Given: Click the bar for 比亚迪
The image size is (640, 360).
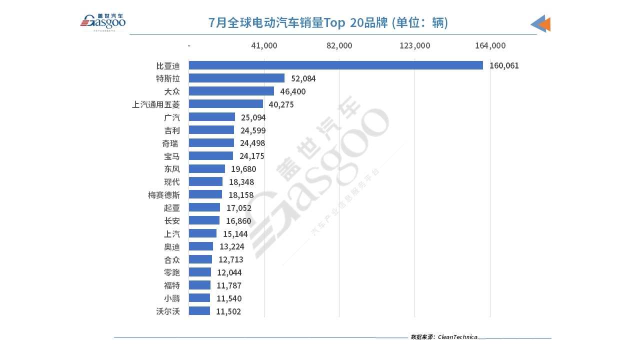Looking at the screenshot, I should click(335, 65).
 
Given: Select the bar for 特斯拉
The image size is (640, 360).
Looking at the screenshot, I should click(236, 78).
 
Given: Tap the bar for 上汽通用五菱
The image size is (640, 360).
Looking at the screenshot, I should click(225, 104).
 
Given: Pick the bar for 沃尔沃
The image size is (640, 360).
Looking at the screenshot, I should click(199, 311).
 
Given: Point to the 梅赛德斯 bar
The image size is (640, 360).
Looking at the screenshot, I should click(205, 194).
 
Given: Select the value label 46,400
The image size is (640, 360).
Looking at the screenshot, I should click(292, 91).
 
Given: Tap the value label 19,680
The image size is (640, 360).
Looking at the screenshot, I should click(243, 169).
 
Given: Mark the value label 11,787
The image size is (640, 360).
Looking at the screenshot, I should click(229, 285).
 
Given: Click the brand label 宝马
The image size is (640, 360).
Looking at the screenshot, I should click(172, 156).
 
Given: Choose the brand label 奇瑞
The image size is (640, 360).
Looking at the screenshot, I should click(172, 143).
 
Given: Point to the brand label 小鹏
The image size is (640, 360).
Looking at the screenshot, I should click(172, 298).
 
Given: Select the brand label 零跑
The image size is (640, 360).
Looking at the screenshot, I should click(172, 272).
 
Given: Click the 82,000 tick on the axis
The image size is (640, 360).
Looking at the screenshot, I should click(339, 45).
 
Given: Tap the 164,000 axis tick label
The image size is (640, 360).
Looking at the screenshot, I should click(490, 45).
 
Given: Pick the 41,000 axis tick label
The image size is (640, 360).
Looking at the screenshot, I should click(264, 45).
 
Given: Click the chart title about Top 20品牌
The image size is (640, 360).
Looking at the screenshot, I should click(328, 23).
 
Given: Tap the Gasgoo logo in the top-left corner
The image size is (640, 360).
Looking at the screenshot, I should click(103, 22).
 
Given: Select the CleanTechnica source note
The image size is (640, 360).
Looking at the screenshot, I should click(444, 337).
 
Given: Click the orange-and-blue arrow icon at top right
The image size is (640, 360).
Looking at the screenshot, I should click(541, 23).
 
